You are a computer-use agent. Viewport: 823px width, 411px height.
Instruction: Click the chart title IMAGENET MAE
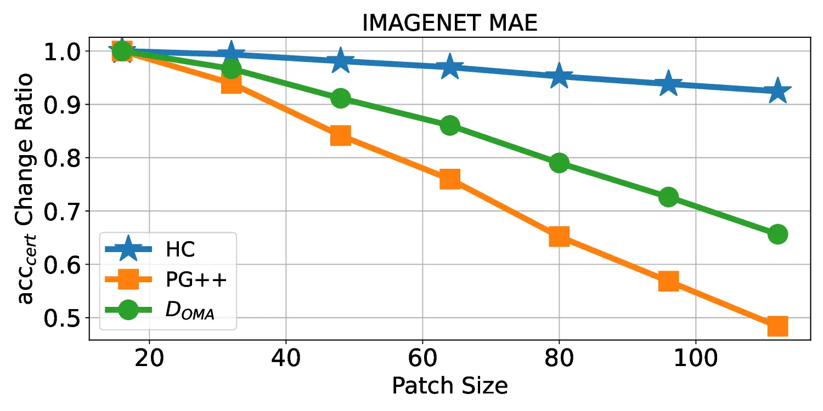(449, 23)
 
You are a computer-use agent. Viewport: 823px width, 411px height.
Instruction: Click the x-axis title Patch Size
(449, 386)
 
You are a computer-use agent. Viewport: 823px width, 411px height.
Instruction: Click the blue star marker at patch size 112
(777, 92)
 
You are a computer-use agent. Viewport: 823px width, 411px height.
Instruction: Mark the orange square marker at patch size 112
(777, 326)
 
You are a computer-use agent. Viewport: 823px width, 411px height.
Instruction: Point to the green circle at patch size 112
(777, 235)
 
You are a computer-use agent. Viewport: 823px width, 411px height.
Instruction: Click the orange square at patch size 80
(559, 237)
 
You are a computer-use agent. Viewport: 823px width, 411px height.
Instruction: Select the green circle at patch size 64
(449, 125)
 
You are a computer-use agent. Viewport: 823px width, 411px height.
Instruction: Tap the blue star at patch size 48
(340, 61)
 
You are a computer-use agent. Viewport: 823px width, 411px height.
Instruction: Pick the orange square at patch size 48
(340, 135)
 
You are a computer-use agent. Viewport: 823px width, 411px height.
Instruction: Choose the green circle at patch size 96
(668, 197)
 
